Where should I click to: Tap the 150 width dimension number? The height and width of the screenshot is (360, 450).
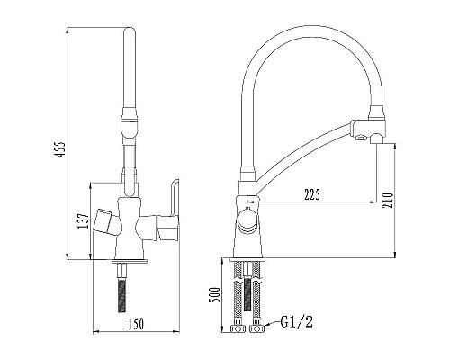(136, 324)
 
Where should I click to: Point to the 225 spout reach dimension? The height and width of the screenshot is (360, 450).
(312, 195)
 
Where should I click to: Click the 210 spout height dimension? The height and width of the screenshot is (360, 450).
(388, 200)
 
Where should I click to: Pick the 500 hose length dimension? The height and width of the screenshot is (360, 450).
(216, 295)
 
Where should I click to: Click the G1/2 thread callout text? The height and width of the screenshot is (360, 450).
(296, 322)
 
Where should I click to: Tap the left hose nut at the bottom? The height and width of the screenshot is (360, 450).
(238, 328)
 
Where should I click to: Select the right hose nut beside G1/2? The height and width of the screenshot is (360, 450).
(256, 328)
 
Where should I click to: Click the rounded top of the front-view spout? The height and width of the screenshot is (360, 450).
(130, 31)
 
